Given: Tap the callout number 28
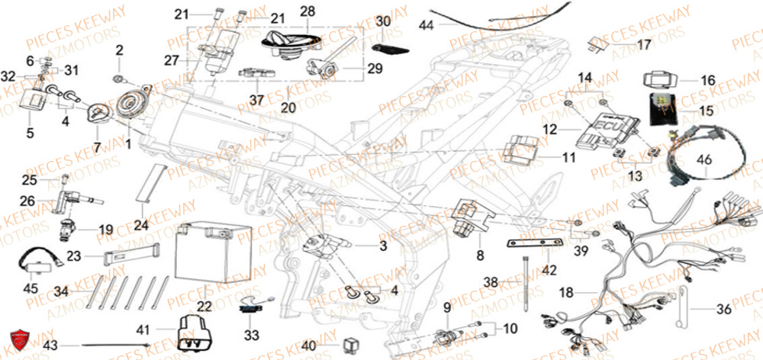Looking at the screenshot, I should click(285, 12).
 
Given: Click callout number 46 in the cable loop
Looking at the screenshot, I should click(703, 161).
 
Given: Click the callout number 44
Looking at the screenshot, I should click(424, 24).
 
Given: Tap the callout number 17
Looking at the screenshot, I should click(645, 45).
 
